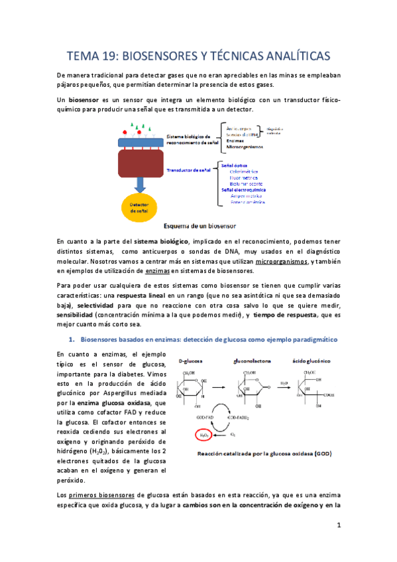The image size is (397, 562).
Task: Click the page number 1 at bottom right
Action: (338, 526)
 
